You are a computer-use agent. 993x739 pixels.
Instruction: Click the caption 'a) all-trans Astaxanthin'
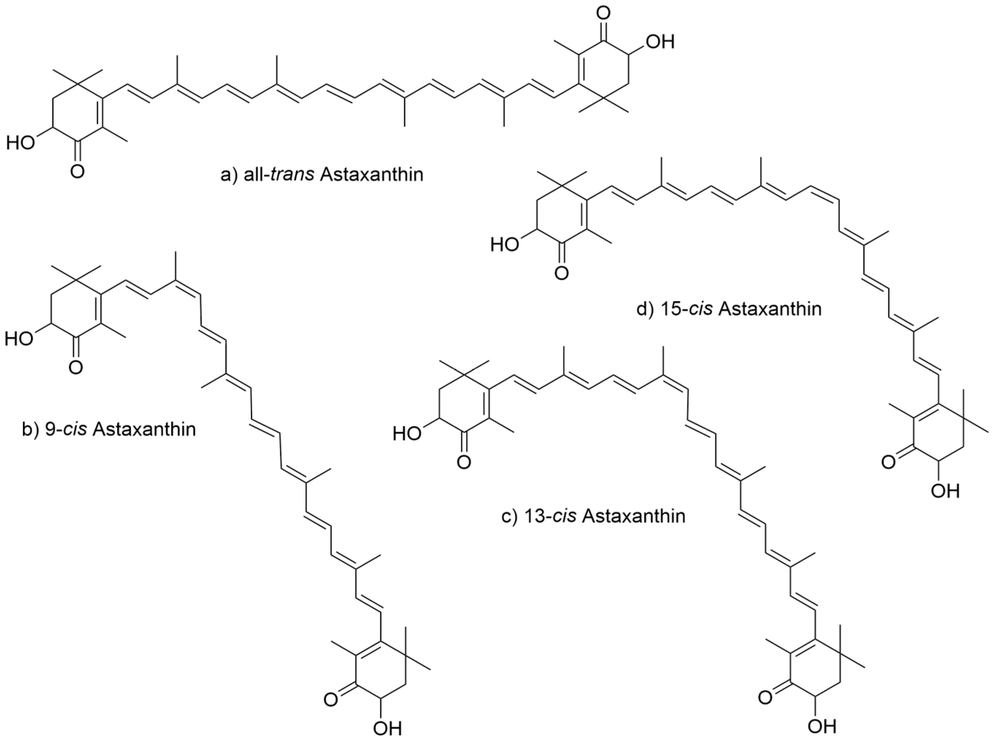pyautogui.click(x=322, y=175)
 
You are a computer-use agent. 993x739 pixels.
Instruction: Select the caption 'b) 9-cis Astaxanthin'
pyautogui.click(x=109, y=430)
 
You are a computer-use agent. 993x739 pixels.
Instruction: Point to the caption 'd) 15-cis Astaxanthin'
pyautogui.click(x=729, y=309)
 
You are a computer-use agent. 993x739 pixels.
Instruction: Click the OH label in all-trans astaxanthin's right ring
pyautogui.click(x=659, y=42)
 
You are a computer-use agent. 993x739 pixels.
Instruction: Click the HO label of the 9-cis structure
pyautogui.click(x=19, y=339)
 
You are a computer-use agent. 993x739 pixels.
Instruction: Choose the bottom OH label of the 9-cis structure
pyautogui.click(x=387, y=728)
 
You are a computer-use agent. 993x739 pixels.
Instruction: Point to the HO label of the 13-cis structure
pyautogui.click(x=408, y=434)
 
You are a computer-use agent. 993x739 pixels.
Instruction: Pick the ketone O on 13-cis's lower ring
pyautogui.click(x=765, y=697)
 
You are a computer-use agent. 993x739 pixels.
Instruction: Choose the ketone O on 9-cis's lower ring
pyautogui.click(x=331, y=699)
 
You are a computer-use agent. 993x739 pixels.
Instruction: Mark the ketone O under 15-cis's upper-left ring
pyautogui.click(x=561, y=273)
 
